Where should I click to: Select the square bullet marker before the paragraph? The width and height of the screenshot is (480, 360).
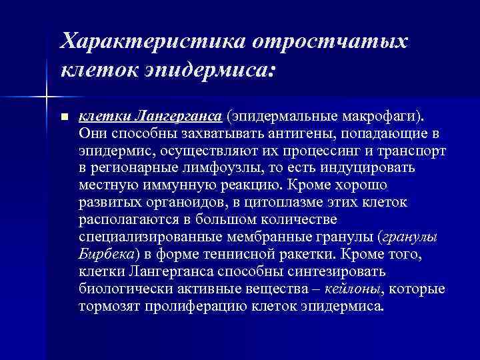pyautogui.click(x=63, y=117)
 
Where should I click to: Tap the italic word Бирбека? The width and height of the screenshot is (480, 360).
pyautogui.click(x=106, y=254)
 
